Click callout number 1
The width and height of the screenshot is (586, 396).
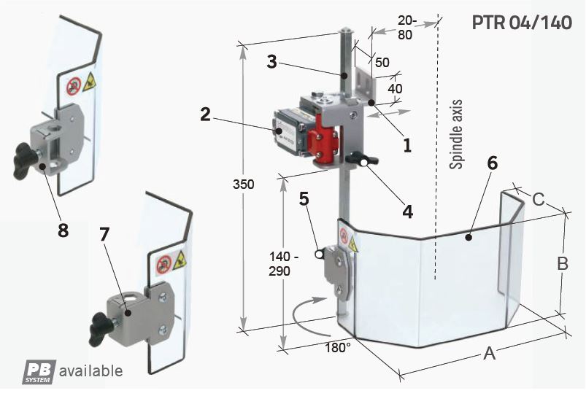point(407,144)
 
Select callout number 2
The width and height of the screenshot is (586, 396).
point(205,114)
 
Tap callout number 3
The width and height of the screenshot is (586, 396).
point(271,62)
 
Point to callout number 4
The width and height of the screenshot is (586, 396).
point(407,211)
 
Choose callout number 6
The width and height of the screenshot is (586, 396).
point(492,163)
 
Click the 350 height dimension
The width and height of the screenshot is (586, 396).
point(245,185)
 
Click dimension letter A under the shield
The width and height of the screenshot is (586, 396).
point(489,355)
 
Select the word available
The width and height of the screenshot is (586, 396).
point(90,370)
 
